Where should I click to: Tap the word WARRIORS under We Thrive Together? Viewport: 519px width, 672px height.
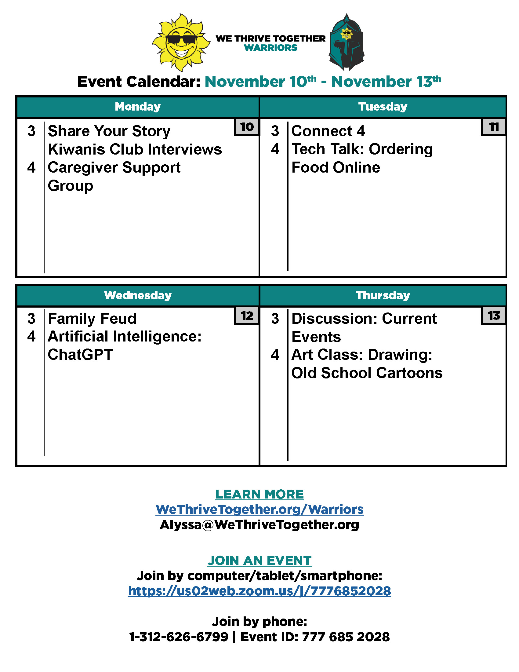pos(270,48)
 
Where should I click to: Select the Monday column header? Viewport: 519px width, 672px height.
pos(138,107)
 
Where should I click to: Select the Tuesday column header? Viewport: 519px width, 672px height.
pos(383,107)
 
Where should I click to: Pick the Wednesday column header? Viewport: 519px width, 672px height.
pos(138,295)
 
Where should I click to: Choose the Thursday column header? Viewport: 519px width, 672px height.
pos(383,295)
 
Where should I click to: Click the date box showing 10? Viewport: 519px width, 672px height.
pos(247,127)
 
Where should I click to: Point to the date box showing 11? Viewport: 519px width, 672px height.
pos(493,127)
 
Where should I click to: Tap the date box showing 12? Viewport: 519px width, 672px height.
pos(247,316)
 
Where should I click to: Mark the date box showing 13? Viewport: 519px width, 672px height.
pos(493,316)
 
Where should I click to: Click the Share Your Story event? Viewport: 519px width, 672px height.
pos(109,131)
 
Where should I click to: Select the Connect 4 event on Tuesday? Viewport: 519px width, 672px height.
pos(328,131)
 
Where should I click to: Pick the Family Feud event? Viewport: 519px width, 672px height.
pos(92,319)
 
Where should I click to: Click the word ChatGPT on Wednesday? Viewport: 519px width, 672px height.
pos(80,355)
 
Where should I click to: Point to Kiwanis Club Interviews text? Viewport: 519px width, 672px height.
pos(135,150)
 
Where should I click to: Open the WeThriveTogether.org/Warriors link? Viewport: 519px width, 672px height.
pos(259,509)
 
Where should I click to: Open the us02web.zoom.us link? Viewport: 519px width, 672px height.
pos(259,591)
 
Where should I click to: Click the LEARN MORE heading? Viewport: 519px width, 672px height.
pos(259,495)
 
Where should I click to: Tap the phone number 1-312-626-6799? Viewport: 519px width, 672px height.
pos(179,637)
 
